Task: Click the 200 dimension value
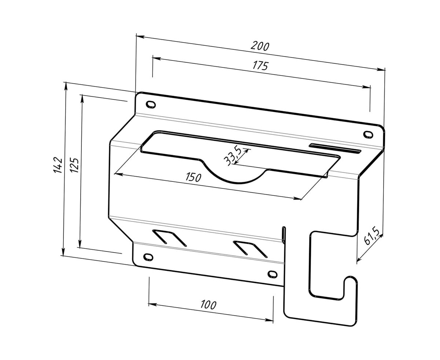click(260, 46)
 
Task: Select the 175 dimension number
click(260, 66)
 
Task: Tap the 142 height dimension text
click(58, 165)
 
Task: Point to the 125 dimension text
click(74, 165)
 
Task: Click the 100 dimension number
click(208, 305)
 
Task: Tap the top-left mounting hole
click(151, 104)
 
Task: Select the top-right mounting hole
click(368, 134)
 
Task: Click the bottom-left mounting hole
click(148, 257)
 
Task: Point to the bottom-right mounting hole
click(272, 274)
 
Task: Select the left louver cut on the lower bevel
click(169, 238)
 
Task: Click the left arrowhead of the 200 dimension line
click(140, 37)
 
